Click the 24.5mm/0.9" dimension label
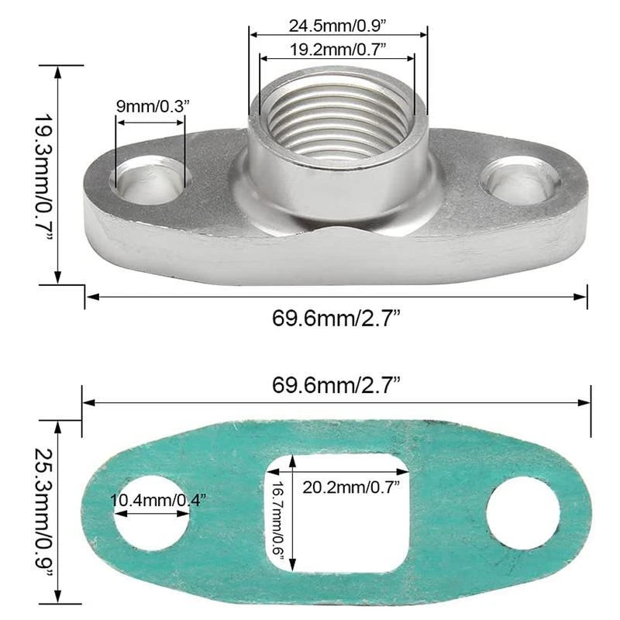click(x=337, y=25)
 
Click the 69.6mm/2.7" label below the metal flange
click(x=336, y=319)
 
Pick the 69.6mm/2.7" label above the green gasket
click(x=336, y=383)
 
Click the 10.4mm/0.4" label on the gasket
click(x=159, y=500)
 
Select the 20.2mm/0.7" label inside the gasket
click(x=351, y=487)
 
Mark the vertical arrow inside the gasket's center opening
click(x=293, y=511)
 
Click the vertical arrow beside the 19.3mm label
click(x=57, y=175)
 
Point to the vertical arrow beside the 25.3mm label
click(x=57, y=511)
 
